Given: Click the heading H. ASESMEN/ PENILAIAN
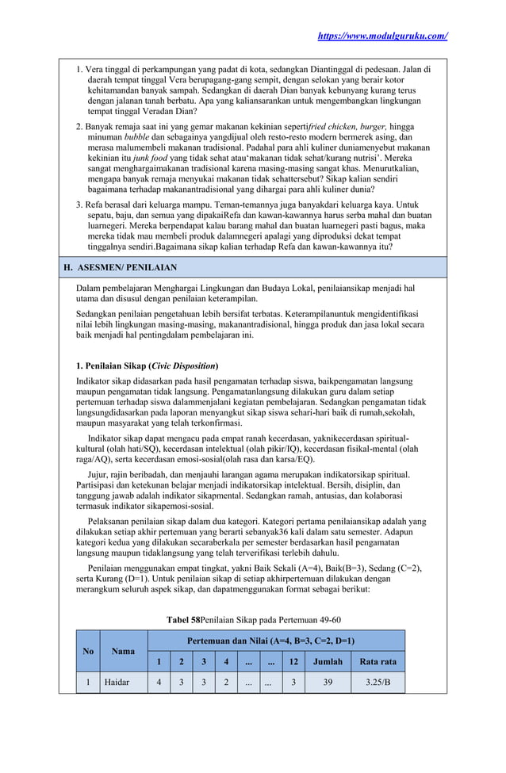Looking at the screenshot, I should point(121,267).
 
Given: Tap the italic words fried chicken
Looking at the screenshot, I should point(336,127).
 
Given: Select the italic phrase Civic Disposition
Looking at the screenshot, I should point(183,365).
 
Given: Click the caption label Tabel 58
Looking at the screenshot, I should point(182,618).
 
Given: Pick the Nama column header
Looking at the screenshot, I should point(123,651).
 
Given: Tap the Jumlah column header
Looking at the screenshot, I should point(328,661).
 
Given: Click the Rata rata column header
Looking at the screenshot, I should point(378,661).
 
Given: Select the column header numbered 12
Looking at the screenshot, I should point(293,661).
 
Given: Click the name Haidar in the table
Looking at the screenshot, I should point(117,682).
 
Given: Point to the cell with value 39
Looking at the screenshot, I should point(328,682).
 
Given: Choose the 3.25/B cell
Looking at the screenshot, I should point(378,682).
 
